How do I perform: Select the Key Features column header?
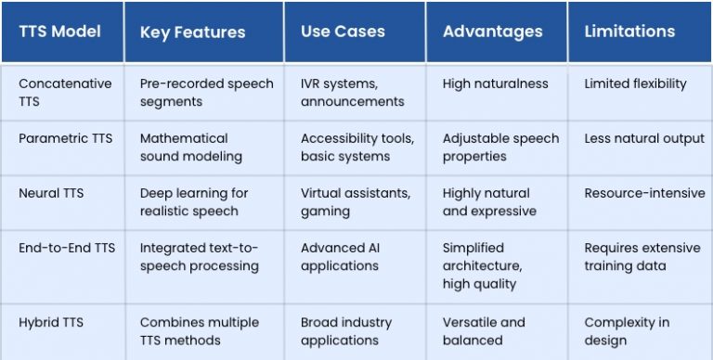192,32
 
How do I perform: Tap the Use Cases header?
343,32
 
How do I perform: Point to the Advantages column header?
492,32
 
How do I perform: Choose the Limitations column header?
629,32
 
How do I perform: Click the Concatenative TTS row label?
65,92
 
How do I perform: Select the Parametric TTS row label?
65,138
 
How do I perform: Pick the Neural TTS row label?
51,193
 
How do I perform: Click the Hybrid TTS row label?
51,322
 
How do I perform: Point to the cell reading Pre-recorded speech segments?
206,92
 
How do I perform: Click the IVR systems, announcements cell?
352,92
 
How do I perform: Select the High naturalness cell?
495,84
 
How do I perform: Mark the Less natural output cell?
644,138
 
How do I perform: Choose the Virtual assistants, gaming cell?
355,201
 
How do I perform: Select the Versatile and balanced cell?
484,331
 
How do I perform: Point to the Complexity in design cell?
627,331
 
